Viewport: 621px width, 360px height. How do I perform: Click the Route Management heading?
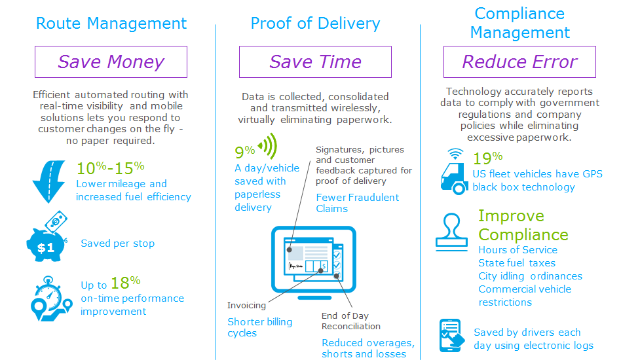[x=111, y=24]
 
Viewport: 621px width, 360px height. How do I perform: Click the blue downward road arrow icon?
[x=48, y=181]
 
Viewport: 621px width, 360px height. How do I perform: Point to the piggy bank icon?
[x=47, y=236]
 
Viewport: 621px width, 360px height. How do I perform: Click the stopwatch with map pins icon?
[x=51, y=298]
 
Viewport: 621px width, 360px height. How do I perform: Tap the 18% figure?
[x=126, y=283]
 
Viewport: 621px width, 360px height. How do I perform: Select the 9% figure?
[x=245, y=151]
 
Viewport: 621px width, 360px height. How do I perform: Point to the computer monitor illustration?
[x=314, y=262]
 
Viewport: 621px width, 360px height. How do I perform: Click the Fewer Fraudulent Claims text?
[x=357, y=203]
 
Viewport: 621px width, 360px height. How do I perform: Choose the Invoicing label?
[x=246, y=306]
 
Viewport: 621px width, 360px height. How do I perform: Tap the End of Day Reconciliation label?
[x=351, y=321]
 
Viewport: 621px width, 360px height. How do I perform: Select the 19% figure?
[x=487, y=158]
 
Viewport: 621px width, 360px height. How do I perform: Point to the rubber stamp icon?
[x=452, y=232]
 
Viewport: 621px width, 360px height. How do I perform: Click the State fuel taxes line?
[x=517, y=263]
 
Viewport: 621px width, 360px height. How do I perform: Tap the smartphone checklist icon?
[x=451, y=336]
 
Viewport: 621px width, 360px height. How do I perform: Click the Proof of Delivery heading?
[x=315, y=24]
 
